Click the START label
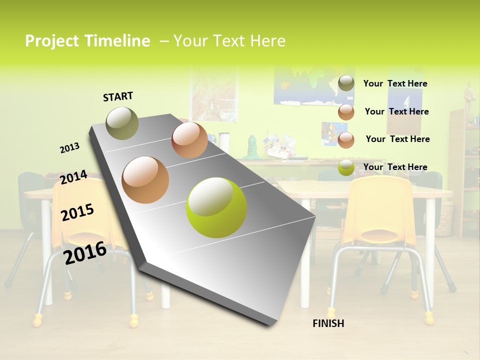click(x=118, y=96)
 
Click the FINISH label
click(x=328, y=323)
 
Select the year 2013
click(x=69, y=148)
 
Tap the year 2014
click(x=73, y=177)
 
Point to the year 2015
click(x=77, y=212)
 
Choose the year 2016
click(x=85, y=252)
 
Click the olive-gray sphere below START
click(x=122, y=123)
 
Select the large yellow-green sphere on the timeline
click(x=216, y=207)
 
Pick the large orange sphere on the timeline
click(x=145, y=179)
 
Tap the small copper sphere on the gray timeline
click(x=189, y=140)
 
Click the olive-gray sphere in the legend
click(x=346, y=83)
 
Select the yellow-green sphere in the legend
click(x=346, y=167)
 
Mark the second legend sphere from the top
click(x=346, y=112)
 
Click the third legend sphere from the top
click(x=346, y=140)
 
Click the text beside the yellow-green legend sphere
click(x=395, y=167)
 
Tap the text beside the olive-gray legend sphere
click(x=395, y=83)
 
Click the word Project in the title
click(x=49, y=41)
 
